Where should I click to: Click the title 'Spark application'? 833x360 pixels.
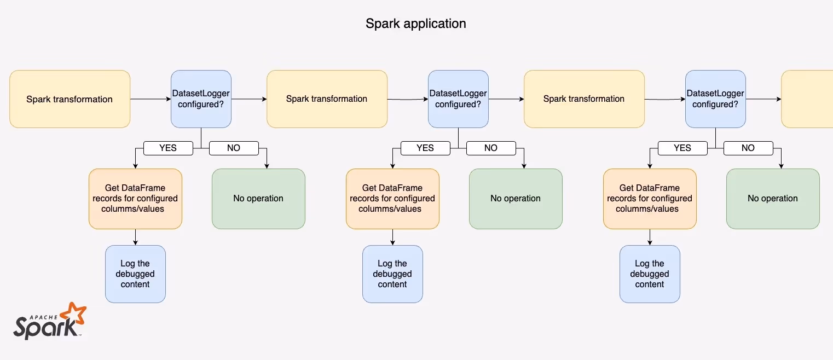[x=416, y=24]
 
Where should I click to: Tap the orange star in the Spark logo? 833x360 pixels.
[x=74, y=313]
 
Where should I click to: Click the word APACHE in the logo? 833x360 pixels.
[x=43, y=317]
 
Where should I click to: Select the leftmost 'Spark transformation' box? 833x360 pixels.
[x=70, y=99]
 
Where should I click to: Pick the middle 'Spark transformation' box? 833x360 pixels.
[x=327, y=99]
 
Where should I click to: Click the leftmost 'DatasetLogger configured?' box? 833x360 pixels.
[x=201, y=99]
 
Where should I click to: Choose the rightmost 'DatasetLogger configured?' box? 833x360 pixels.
[x=715, y=99]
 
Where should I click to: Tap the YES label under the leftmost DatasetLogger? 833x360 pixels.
[x=168, y=148]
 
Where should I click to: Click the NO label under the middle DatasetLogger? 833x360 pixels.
[x=491, y=148]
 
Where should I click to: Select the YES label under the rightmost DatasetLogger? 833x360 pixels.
[x=682, y=148]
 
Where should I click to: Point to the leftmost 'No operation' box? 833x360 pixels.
[x=258, y=199]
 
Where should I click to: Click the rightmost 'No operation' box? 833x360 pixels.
[x=773, y=199]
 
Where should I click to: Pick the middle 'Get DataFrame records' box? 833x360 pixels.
[x=392, y=199]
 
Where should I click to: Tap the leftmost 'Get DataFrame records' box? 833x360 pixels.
[x=135, y=199]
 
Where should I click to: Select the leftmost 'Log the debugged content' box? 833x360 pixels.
[x=135, y=274]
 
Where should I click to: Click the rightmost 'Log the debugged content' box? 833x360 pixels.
[x=650, y=274]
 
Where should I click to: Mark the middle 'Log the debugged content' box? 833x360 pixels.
[x=392, y=274]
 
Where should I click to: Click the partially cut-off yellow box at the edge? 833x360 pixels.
[x=807, y=99]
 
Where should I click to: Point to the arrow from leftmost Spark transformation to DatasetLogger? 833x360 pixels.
[x=151, y=99]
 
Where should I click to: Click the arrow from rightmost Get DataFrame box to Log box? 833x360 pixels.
[x=650, y=237]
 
